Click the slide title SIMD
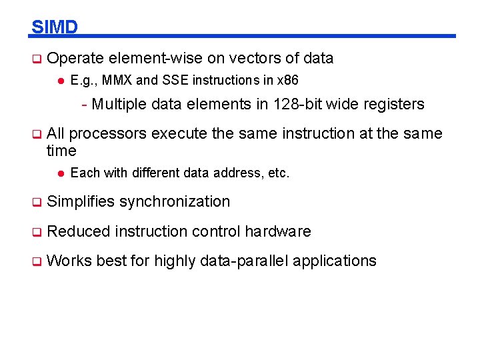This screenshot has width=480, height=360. point(55,27)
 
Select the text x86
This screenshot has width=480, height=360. point(288,81)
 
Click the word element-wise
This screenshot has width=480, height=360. point(148,58)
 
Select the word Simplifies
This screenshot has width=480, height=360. point(81,201)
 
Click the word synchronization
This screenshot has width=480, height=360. point(175,201)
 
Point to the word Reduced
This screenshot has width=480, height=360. point(79,231)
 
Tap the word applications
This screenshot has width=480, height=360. point(335,261)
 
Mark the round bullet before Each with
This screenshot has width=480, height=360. point(59,173)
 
